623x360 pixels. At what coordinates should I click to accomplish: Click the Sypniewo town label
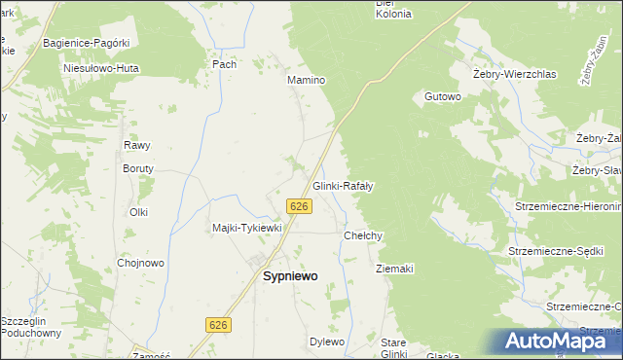pos(291,275)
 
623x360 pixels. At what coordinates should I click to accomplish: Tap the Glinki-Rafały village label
pos(344,185)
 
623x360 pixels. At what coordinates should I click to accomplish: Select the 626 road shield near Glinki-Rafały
pos(300,205)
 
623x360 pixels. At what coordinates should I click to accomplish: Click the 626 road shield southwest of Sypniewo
pos(218,323)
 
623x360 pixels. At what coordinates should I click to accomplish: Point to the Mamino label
pos(305,80)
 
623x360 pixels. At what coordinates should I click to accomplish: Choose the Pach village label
pos(224,63)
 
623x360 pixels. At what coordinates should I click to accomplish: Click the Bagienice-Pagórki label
pos(86,44)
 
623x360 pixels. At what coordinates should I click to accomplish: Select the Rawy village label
pos(136,145)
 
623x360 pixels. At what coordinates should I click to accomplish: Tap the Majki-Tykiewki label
pos(247,228)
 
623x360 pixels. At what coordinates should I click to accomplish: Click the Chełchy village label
pos(364,235)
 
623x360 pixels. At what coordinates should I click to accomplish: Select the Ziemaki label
pos(394,269)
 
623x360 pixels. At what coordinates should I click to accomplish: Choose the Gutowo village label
pos(442,96)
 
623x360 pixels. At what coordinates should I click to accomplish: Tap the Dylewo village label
pos(327,342)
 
